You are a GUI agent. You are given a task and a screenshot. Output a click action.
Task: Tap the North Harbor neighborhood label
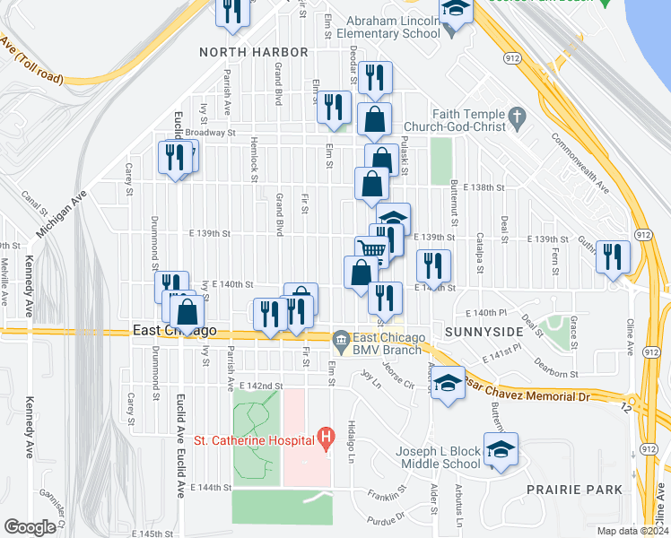coord(254,52)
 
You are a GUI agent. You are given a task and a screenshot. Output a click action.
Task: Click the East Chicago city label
coord(175,331)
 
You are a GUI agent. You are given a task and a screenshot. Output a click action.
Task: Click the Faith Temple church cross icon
coord(516,117)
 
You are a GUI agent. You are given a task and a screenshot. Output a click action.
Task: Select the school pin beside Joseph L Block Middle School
coord(501,449)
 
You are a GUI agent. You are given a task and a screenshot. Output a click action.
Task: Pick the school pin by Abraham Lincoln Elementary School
coord(456,11)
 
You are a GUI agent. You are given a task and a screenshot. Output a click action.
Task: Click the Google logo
coord(30,527)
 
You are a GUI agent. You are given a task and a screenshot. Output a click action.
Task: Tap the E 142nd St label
coord(261,385)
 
